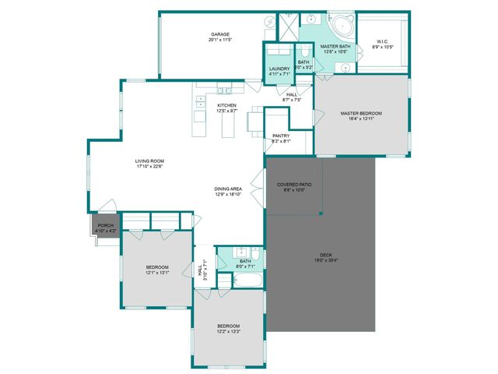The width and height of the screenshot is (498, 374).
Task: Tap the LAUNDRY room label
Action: [279, 69]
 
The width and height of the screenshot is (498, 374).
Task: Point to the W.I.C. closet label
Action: [383, 41]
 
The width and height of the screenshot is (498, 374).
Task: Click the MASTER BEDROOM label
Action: [361, 113]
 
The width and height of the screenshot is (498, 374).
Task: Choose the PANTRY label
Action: [281, 136]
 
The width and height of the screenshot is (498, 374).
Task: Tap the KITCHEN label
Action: [226, 105]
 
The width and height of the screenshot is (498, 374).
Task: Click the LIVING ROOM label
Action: [150, 161]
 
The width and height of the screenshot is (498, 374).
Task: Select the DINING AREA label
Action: [228, 189]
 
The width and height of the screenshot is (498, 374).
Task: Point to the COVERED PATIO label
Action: [294, 184]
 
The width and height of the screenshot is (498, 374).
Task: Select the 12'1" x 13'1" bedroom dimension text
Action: [157, 273]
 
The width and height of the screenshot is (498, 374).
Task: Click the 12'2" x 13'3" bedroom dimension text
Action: [228, 331]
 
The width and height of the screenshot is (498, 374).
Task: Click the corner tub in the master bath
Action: [341, 26]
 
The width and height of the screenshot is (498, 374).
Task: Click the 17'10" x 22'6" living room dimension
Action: [150, 167]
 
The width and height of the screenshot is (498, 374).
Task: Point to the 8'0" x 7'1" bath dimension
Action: [245, 266]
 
